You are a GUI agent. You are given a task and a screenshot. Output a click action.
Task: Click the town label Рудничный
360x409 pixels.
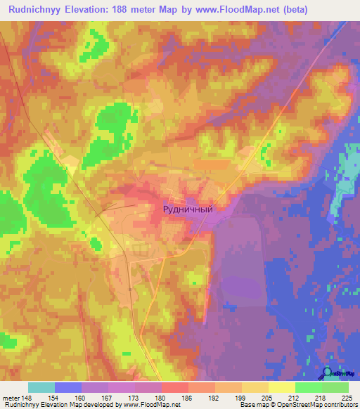[x=187, y=208]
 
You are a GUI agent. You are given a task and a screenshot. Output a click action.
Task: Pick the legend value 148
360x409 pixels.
[x=27, y=398]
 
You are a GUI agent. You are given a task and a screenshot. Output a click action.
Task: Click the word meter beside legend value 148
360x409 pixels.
[x=10, y=398]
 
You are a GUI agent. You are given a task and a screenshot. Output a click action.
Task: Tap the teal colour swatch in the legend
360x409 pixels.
[x=41, y=387]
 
